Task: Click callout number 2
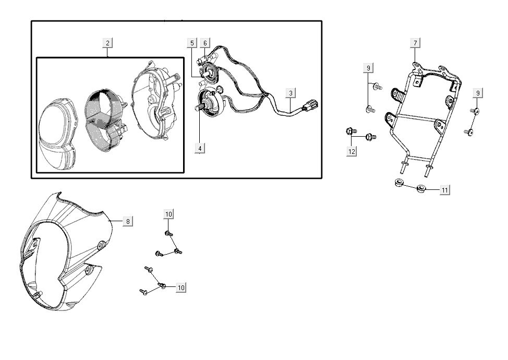(107, 43)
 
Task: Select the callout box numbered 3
(291, 93)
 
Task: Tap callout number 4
(200, 149)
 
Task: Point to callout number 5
(192, 43)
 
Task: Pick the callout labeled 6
(205, 43)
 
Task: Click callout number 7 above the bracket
(415, 43)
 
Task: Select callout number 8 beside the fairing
(128, 221)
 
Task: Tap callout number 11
(444, 190)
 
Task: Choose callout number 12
(352, 151)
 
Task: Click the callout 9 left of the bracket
(369, 68)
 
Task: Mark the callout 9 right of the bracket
(478, 93)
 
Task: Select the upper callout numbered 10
(168, 214)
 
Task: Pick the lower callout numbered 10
(181, 287)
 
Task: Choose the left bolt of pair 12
(349, 131)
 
